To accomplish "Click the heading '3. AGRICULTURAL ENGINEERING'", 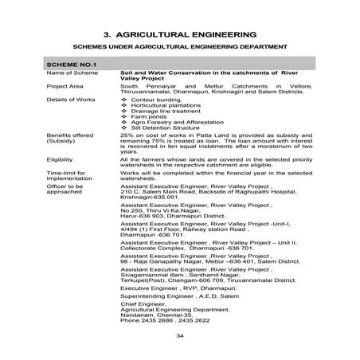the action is tap(179, 36).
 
